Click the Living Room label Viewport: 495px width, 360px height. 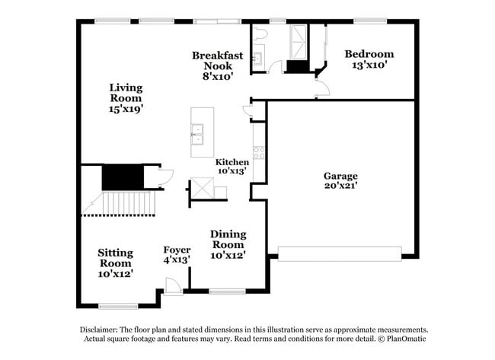tap(126, 93)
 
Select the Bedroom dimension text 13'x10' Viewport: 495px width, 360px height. tap(369, 65)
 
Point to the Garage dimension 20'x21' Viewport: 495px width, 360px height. tap(340, 185)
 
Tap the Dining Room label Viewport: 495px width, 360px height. tap(228, 239)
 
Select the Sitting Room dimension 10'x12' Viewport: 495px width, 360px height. tap(116, 273)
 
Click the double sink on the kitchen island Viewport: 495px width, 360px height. tap(197, 134)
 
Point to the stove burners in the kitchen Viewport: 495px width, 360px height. tap(258, 151)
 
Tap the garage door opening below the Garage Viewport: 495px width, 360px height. tap(339, 253)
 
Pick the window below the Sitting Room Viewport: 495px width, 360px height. tap(117, 307)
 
